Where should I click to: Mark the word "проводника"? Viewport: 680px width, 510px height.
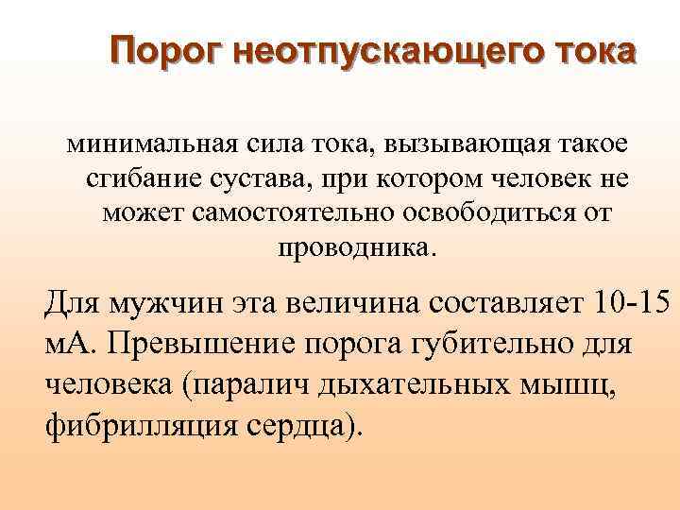click(x=353, y=247)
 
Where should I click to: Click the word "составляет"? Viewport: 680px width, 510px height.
click(x=509, y=305)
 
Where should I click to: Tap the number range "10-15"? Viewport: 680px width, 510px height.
click(x=634, y=305)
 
